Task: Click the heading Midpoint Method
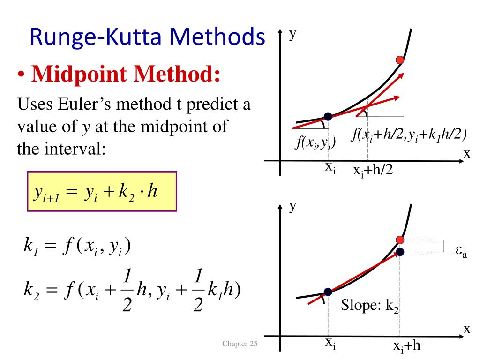126,74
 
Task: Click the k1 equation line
77,246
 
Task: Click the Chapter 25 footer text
240,345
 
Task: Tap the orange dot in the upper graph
400,60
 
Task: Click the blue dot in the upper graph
328,116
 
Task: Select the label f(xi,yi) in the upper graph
315,142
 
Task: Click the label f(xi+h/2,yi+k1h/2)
409,135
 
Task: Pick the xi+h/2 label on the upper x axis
373,171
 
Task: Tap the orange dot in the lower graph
400,240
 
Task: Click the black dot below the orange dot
400,252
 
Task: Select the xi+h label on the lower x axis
407,347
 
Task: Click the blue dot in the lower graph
328,292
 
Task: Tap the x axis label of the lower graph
467,329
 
